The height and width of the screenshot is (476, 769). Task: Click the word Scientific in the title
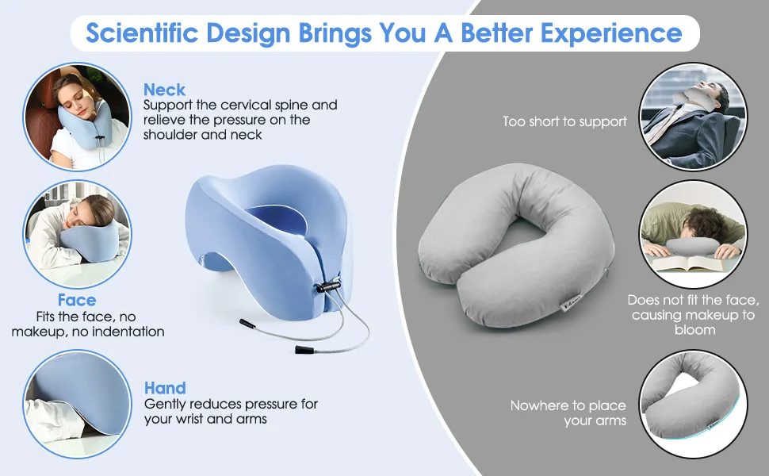(142, 33)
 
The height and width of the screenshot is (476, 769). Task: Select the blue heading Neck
(164, 90)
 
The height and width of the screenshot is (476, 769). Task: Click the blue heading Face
(77, 300)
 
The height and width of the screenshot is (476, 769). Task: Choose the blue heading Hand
(165, 388)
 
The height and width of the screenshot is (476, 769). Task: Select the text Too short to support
(564, 121)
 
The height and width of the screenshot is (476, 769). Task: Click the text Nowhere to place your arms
(568, 413)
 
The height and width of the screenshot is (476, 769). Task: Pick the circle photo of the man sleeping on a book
(694, 234)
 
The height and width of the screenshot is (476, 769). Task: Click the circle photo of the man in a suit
(694, 117)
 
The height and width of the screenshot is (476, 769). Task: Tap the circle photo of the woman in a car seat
(78, 117)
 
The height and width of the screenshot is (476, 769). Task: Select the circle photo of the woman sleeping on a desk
(78, 234)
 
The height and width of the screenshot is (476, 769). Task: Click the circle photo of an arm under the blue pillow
(78, 404)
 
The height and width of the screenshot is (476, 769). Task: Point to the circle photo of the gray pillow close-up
(694, 404)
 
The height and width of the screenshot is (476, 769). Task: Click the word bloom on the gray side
(694, 330)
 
